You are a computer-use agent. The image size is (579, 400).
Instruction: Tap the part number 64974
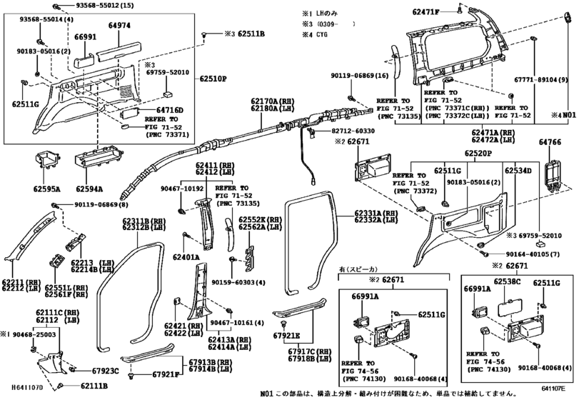pos(121,25)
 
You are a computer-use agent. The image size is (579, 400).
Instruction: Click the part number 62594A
pos(89,189)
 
